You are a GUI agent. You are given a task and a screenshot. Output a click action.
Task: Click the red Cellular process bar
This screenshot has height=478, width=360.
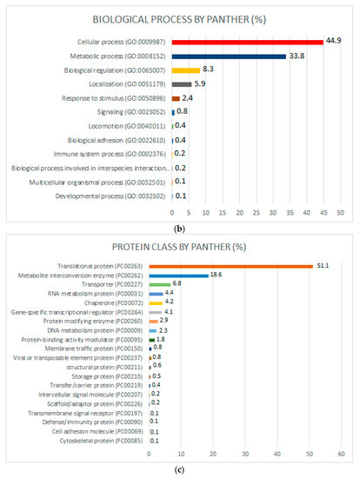point(247,42)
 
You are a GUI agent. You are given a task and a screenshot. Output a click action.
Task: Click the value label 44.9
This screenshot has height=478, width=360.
point(337,42)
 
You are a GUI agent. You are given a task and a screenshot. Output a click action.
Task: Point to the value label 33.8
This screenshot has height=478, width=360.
point(298,56)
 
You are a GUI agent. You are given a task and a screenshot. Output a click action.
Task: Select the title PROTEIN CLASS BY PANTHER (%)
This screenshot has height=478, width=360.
point(180,251)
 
